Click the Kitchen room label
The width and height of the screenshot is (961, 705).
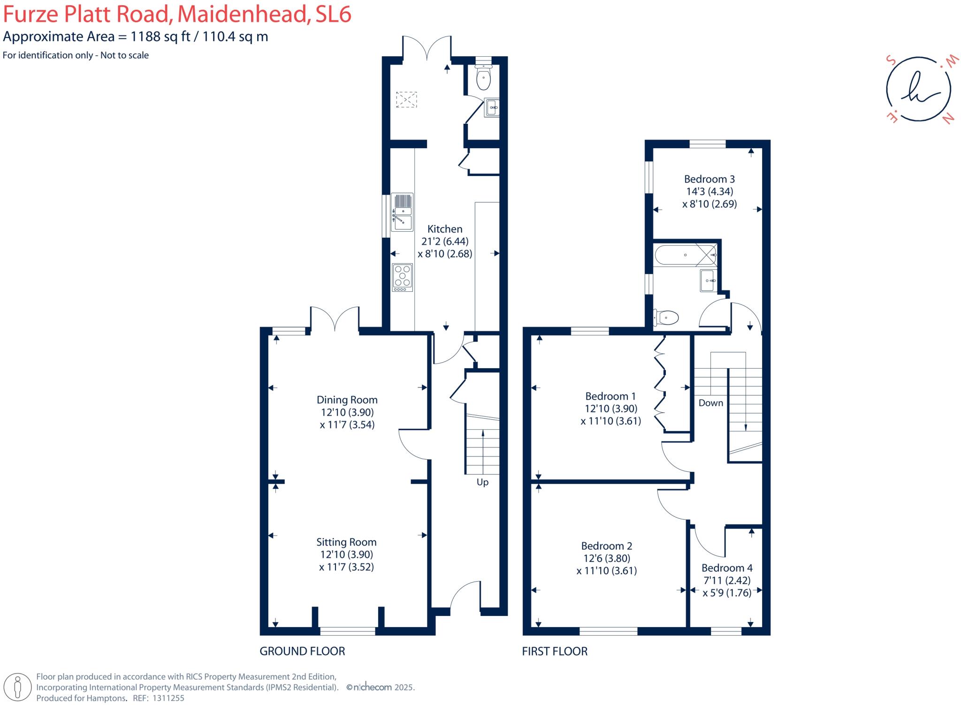[x=444, y=229]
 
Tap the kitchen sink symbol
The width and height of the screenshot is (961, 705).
[x=402, y=212]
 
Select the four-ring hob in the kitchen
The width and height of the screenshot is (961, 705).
[x=402, y=277]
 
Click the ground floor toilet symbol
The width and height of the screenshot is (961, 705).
[x=483, y=78]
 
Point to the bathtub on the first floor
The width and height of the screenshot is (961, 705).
[x=686, y=255]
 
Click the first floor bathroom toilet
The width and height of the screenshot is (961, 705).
[x=666, y=318]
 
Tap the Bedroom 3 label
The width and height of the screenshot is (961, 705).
[x=709, y=179]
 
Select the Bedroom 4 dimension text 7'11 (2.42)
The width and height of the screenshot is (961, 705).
[x=727, y=580]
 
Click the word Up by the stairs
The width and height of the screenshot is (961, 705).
[x=482, y=482]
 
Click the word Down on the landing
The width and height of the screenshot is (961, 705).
[x=710, y=403]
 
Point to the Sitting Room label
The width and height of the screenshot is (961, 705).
[x=346, y=542]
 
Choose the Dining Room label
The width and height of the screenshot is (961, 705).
[x=347, y=400]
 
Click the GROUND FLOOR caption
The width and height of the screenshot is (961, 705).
[x=302, y=651]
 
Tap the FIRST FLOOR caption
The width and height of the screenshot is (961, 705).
[x=555, y=651]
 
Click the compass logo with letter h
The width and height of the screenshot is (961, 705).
[x=918, y=89]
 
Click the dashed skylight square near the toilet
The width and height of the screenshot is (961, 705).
[x=406, y=99]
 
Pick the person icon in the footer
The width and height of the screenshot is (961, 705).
[x=18, y=688]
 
